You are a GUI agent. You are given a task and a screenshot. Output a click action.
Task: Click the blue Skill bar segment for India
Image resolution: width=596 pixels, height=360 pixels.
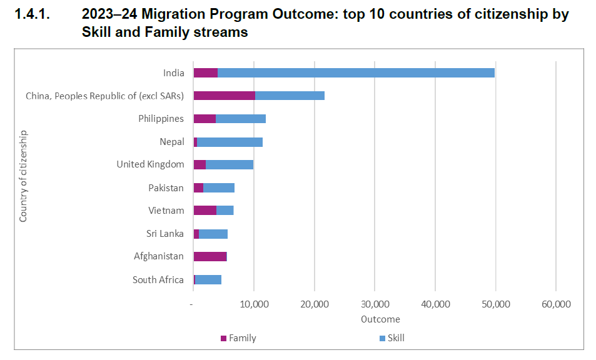[356, 72]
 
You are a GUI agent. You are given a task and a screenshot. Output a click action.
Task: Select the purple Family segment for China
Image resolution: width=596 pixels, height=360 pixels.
[224, 96]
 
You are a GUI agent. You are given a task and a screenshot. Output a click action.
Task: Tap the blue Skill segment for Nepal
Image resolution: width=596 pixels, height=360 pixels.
[230, 142]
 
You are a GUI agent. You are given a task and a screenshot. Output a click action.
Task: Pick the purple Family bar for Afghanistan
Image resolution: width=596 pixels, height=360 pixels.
[210, 256]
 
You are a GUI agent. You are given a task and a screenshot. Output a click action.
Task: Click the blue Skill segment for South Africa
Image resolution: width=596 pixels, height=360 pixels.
[208, 279]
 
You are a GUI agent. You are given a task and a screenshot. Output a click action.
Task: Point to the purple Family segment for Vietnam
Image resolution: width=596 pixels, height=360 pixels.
[205, 211]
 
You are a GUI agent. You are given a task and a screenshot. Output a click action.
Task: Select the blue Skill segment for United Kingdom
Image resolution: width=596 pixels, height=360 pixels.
[230, 164]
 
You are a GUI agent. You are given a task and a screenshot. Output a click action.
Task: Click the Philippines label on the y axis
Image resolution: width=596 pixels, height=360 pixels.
[161, 119]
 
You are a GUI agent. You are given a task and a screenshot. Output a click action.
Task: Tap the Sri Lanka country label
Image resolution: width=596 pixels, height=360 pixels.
[165, 234]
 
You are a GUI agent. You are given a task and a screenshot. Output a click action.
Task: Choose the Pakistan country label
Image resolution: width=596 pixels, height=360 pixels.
[166, 187]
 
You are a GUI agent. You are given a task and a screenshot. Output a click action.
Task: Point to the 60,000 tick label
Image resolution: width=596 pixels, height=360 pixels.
[555, 304]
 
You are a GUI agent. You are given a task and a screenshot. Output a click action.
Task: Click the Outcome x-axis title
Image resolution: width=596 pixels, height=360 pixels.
[380, 319]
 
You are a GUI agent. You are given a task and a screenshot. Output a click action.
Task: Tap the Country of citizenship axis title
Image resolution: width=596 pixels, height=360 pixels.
[23, 176]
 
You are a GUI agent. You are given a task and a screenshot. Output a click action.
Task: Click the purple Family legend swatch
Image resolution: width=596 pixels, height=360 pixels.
[223, 339]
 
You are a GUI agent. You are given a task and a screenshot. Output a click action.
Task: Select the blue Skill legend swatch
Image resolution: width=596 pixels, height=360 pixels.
[382, 339]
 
